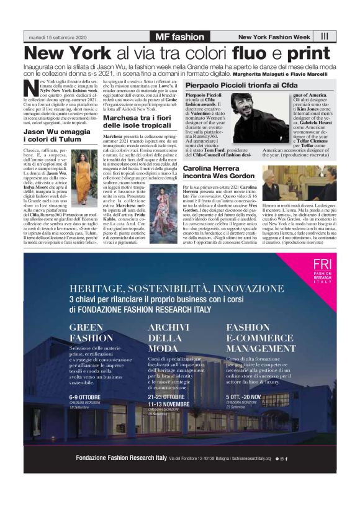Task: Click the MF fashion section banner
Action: (179, 37)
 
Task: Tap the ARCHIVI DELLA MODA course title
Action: (166, 339)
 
